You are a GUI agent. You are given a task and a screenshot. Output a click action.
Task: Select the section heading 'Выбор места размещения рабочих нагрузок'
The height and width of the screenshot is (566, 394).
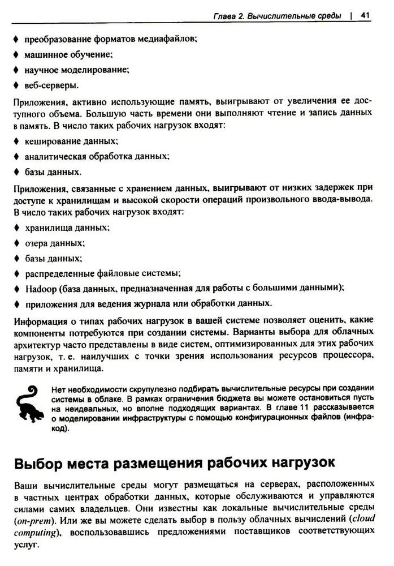174,462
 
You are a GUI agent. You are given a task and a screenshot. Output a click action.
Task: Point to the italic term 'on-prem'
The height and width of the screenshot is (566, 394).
28,520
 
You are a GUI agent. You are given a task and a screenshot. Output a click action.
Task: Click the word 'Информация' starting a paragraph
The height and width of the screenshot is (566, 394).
36,323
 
